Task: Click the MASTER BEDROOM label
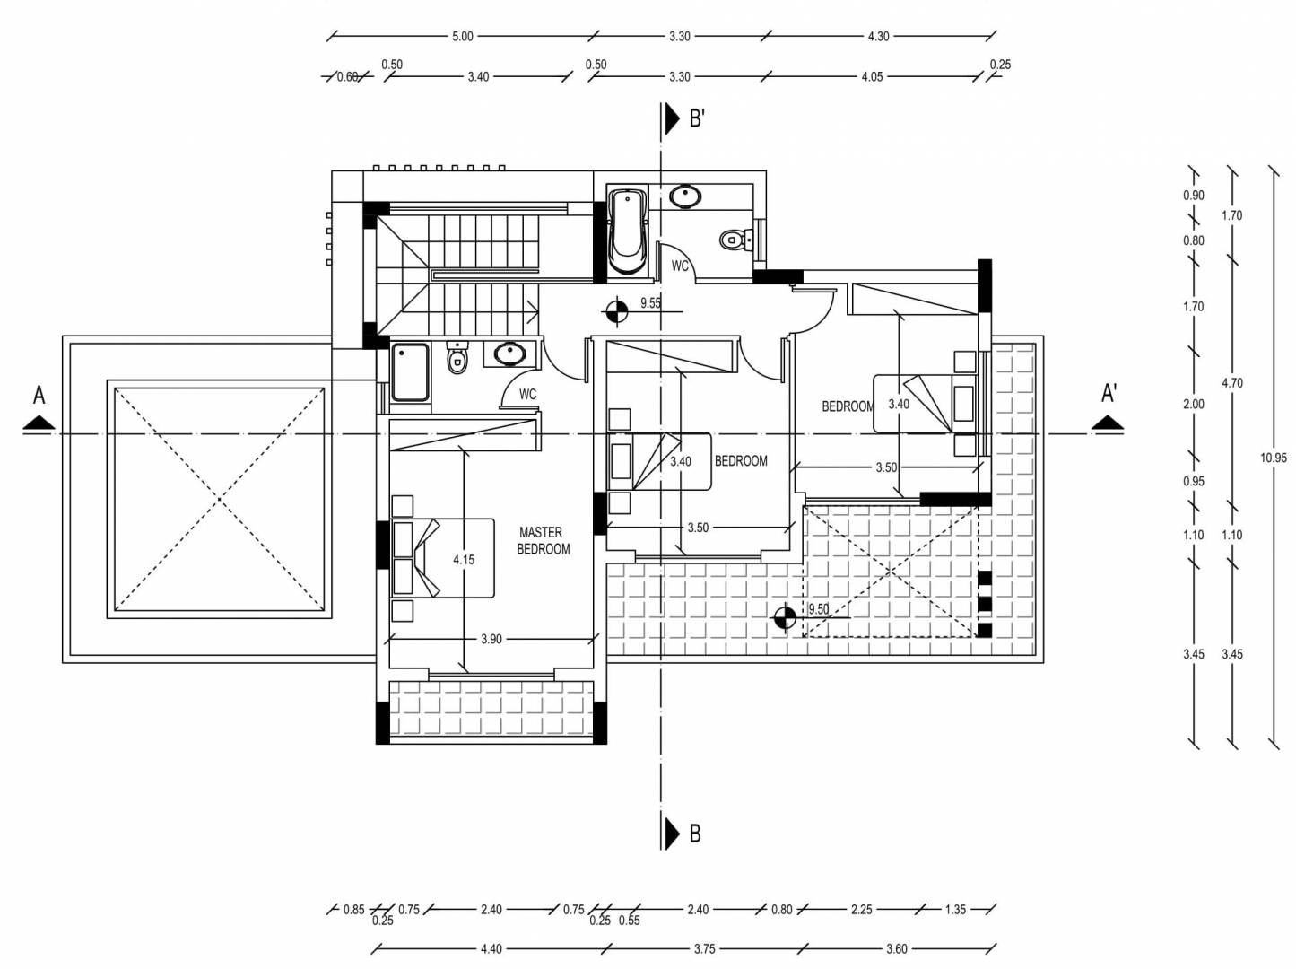(544, 540)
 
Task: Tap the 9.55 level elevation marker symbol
(614, 311)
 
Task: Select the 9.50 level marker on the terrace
(785, 617)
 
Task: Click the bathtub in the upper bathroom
(627, 231)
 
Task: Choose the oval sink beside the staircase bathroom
(509, 354)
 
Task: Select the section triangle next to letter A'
(1107, 422)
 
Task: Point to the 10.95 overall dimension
(1273, 458)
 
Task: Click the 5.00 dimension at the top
(462, 37)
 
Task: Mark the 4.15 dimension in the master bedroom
(464, 559)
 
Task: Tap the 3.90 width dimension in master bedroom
(491, 639)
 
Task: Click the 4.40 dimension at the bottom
(491, 949)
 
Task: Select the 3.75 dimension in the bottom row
(704, 949)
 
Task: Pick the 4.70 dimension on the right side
(1232, 383)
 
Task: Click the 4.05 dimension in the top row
(872, 77)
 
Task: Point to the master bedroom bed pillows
(403, 558)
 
